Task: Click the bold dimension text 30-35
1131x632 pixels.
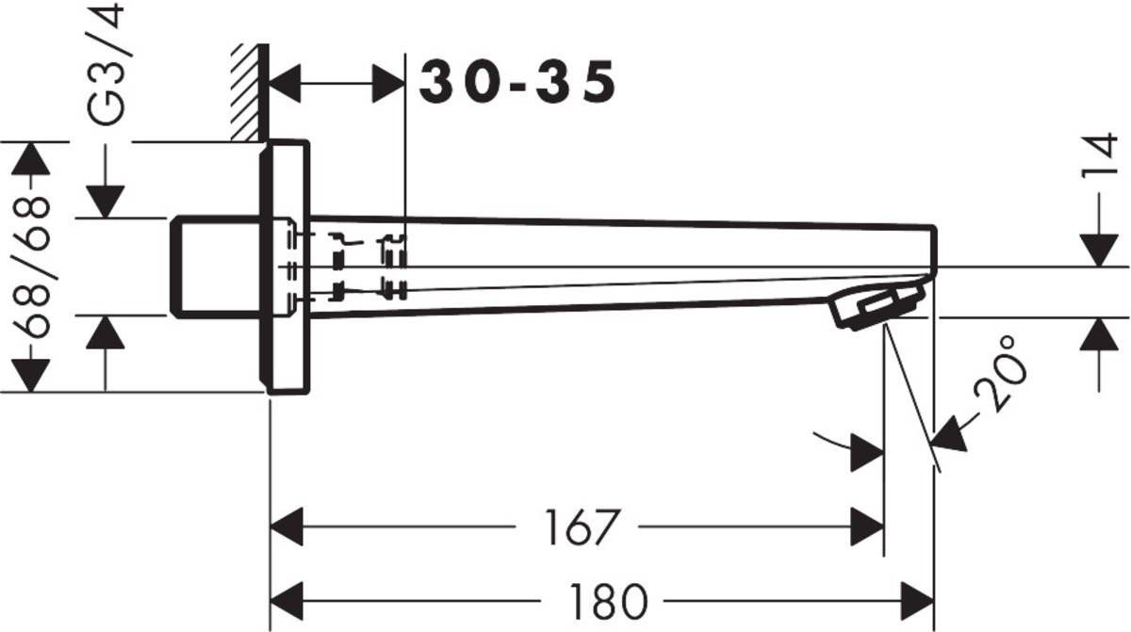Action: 517,83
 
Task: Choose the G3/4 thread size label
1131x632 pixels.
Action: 107,66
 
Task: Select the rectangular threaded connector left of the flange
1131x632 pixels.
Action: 215,267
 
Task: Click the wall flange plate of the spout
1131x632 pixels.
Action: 287,267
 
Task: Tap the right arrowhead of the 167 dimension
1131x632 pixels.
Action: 868,527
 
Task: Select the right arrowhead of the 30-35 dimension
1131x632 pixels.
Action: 387,84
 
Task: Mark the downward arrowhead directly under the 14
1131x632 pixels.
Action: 1100,251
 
